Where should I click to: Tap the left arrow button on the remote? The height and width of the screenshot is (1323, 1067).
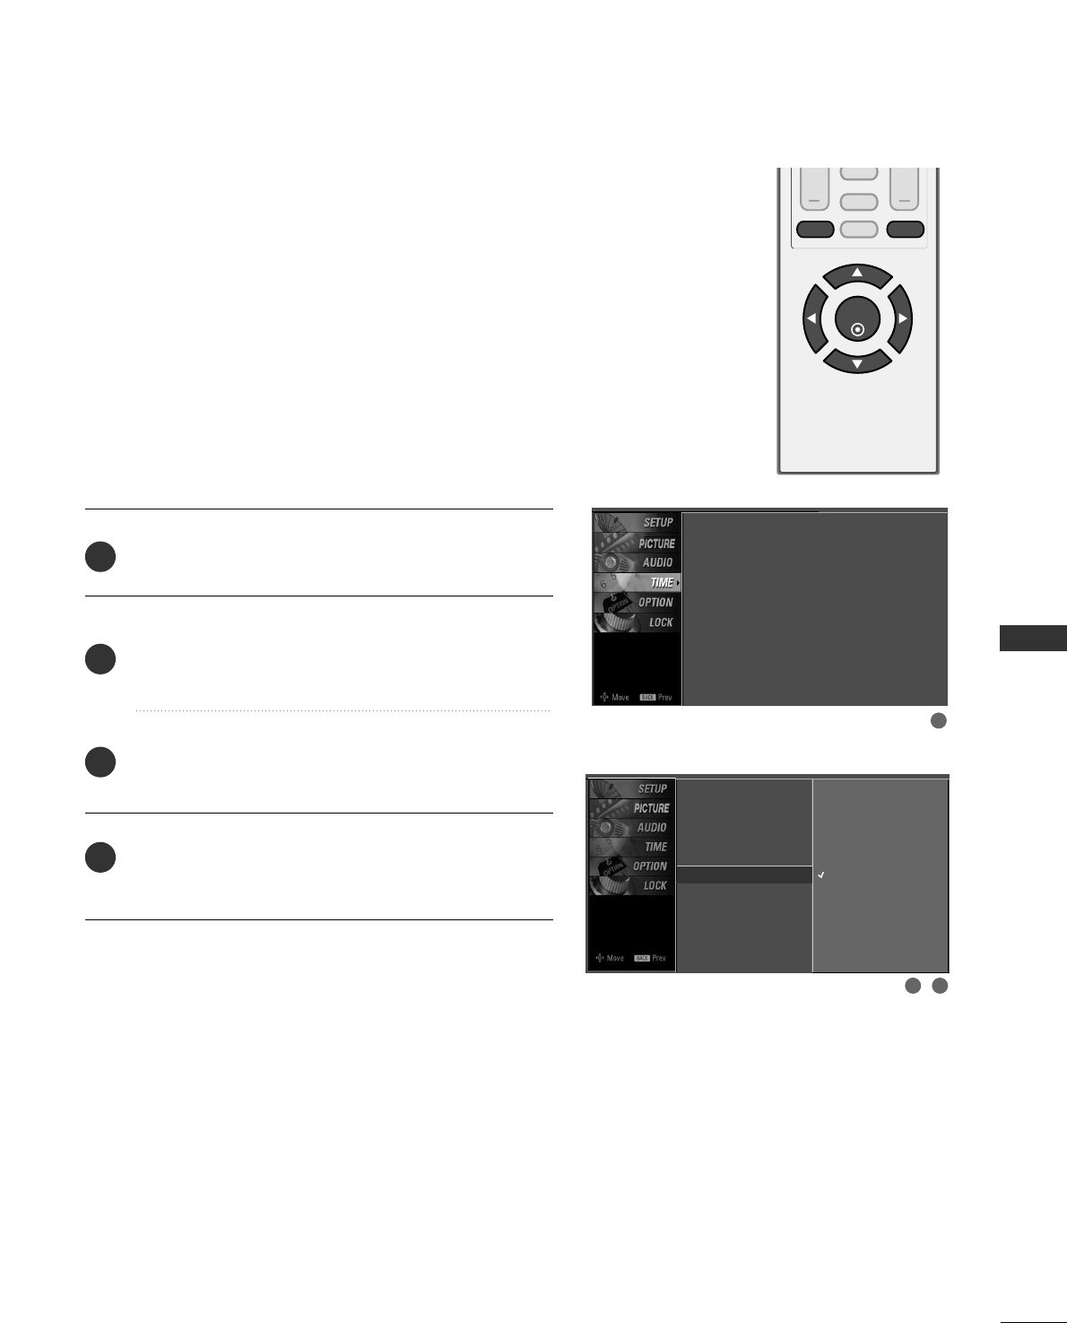pyautogui.click(x=811, y=318)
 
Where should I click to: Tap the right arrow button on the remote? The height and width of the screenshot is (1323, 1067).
pyautogui.click(x=902, y=318)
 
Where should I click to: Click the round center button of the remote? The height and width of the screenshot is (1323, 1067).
pyautogui.click(x=857, y=321)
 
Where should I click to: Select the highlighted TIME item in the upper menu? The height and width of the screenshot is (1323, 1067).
pyautogui.click(x=662, y=583)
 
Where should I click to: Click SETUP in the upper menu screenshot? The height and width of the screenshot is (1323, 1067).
pyautogui.click(x=657, y=523)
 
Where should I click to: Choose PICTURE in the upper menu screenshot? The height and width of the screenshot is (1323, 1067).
pyautogui.click(x=656, y=544)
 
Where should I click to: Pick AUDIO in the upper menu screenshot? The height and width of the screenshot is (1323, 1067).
pyautogui.click(x=657, y=562)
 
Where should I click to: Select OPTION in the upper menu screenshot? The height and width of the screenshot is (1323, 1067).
pyautogui.click(x=655, y=603)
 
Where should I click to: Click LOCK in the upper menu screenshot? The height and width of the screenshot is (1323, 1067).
pyautogui.click(x=660, y=622)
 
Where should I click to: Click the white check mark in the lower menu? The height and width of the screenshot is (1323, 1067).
pyautogui.click(x=820, y=875)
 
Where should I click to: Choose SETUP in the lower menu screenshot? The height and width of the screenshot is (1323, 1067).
pyautogui.click(x=652, y=789)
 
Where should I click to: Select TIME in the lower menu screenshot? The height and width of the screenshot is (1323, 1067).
pyautogui.click(x=655, y=847)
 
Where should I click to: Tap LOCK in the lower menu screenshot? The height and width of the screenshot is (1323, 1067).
pyautogui.click(x=655, y=885)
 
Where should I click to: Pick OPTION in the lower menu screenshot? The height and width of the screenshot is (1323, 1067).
pyautogui.click(x=650, y=866)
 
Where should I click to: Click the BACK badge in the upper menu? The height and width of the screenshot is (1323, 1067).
pyautogui.click(x=647, y=697)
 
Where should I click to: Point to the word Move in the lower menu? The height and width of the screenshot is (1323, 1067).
pyautogui.click(x=615, y=958)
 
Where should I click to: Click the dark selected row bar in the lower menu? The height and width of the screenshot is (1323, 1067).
pyautogui.click(x=744, y=875)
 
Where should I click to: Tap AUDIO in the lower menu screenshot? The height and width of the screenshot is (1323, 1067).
pyautogui.click(x=652, y=828)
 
